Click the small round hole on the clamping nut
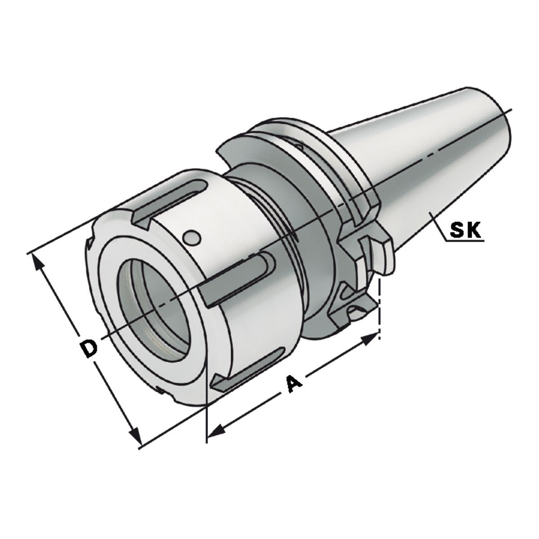click(192, 237)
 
